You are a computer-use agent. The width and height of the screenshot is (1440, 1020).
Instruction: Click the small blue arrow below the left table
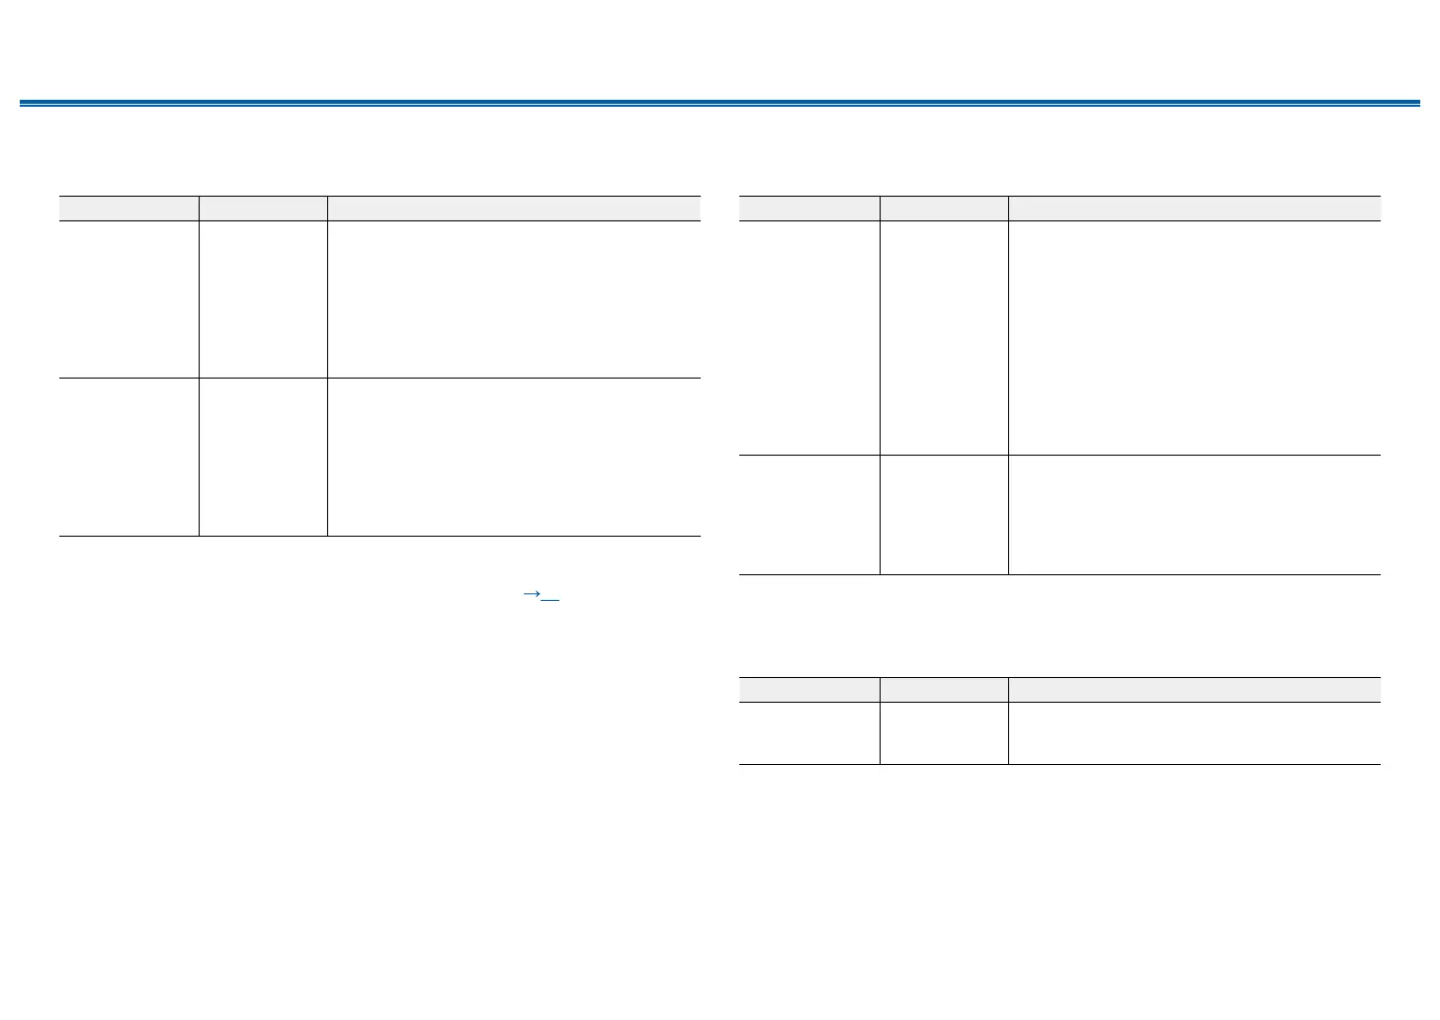click(531, 594)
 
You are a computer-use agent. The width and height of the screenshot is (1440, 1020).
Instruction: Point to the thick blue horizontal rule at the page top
click(720, 103)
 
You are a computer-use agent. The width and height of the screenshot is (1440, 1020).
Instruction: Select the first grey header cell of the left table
click(128, 208)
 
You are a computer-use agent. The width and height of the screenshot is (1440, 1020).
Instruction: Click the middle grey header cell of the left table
click(263, 208)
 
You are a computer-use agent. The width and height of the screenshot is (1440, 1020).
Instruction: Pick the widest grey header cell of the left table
click(514, 208)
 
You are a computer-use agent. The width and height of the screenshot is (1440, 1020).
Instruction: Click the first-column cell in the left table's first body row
click(128, 298)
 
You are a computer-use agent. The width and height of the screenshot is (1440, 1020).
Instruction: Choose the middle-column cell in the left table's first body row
click(263, 298)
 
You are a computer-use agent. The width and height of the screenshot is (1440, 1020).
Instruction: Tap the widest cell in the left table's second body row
click(514, 457)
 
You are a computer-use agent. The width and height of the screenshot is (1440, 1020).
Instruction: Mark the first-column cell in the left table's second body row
click(128, 457)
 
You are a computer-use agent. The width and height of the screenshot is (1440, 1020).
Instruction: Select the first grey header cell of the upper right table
click(809, 208)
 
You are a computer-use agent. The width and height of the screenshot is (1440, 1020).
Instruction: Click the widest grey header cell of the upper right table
click(1194, 208)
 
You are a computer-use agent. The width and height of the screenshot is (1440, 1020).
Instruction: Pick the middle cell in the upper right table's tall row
click(944, 337)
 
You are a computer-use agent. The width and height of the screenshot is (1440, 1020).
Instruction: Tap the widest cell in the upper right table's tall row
click(1194, 337)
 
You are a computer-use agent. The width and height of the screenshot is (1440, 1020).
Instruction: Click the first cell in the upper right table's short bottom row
click(809, 514)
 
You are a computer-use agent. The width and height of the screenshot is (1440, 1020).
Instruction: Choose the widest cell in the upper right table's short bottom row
click(1194, 514)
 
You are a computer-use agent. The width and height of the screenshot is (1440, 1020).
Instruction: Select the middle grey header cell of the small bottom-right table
click(944, 689)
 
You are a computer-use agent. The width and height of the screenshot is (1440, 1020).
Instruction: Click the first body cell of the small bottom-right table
click(809, 732)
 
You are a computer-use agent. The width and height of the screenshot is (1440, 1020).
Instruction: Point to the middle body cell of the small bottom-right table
click(944, 732)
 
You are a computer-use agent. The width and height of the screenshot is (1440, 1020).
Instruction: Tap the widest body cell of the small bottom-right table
click(1194, 732)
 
